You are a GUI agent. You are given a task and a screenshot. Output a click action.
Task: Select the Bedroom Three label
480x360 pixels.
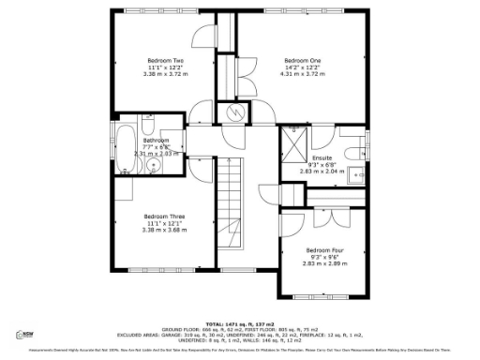164,217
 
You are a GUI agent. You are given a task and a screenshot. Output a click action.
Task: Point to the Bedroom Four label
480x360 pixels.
325,250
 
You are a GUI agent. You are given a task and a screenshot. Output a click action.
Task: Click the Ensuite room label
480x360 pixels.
322,158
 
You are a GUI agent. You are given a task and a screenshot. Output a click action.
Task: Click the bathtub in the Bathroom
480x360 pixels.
120,146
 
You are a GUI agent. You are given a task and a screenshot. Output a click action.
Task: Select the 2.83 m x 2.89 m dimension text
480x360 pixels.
325,265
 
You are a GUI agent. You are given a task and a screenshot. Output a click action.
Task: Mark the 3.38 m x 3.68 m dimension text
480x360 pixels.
164,231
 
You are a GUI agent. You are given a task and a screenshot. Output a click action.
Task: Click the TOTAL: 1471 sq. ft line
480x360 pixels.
239,323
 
